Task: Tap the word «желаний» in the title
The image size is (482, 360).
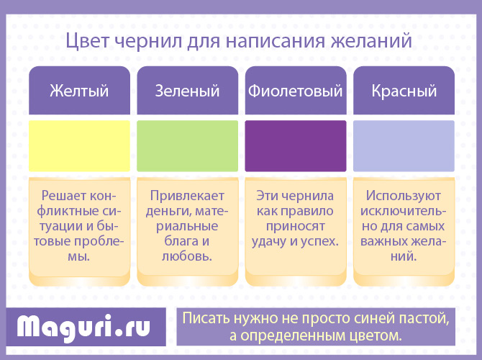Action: (x=371, y=41)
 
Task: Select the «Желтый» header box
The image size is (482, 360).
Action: (x=79, y=91)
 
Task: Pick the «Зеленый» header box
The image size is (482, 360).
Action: (x=188, y=91)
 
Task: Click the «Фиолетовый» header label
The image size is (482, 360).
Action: (x=296, y=91)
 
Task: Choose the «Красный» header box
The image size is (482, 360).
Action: (x=404, y=91)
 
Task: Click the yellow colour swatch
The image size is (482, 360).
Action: (x=79, y=146)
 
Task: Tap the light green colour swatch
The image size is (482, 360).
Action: (x=188, y=146)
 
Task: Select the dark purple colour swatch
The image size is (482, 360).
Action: (x=296, y=146)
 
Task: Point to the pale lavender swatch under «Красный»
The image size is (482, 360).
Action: (x=404, y=146)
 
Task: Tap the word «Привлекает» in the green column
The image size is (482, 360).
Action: (x=187, y=196)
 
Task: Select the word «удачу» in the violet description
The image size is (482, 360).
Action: (x=269, y=242)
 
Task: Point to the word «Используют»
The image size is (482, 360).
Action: (x=404, y=196)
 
